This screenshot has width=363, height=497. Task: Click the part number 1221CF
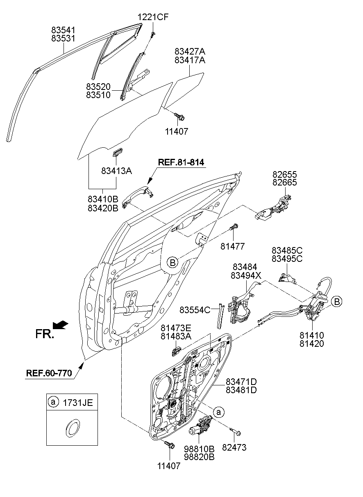(152, 17)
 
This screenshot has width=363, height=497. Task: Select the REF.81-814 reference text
(181, 163)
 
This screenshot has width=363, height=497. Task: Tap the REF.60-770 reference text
(49, 373)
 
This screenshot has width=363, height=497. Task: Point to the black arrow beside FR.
(61, 325)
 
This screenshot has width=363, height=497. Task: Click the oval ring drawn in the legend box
(72, 427)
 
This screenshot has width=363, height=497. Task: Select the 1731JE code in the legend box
(77, 403)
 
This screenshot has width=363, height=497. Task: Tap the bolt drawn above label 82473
(236, 431)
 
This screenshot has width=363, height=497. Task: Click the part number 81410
(311, 336)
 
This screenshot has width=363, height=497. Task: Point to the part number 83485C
(287, 250)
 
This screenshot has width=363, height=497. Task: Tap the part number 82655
(285, 175)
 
